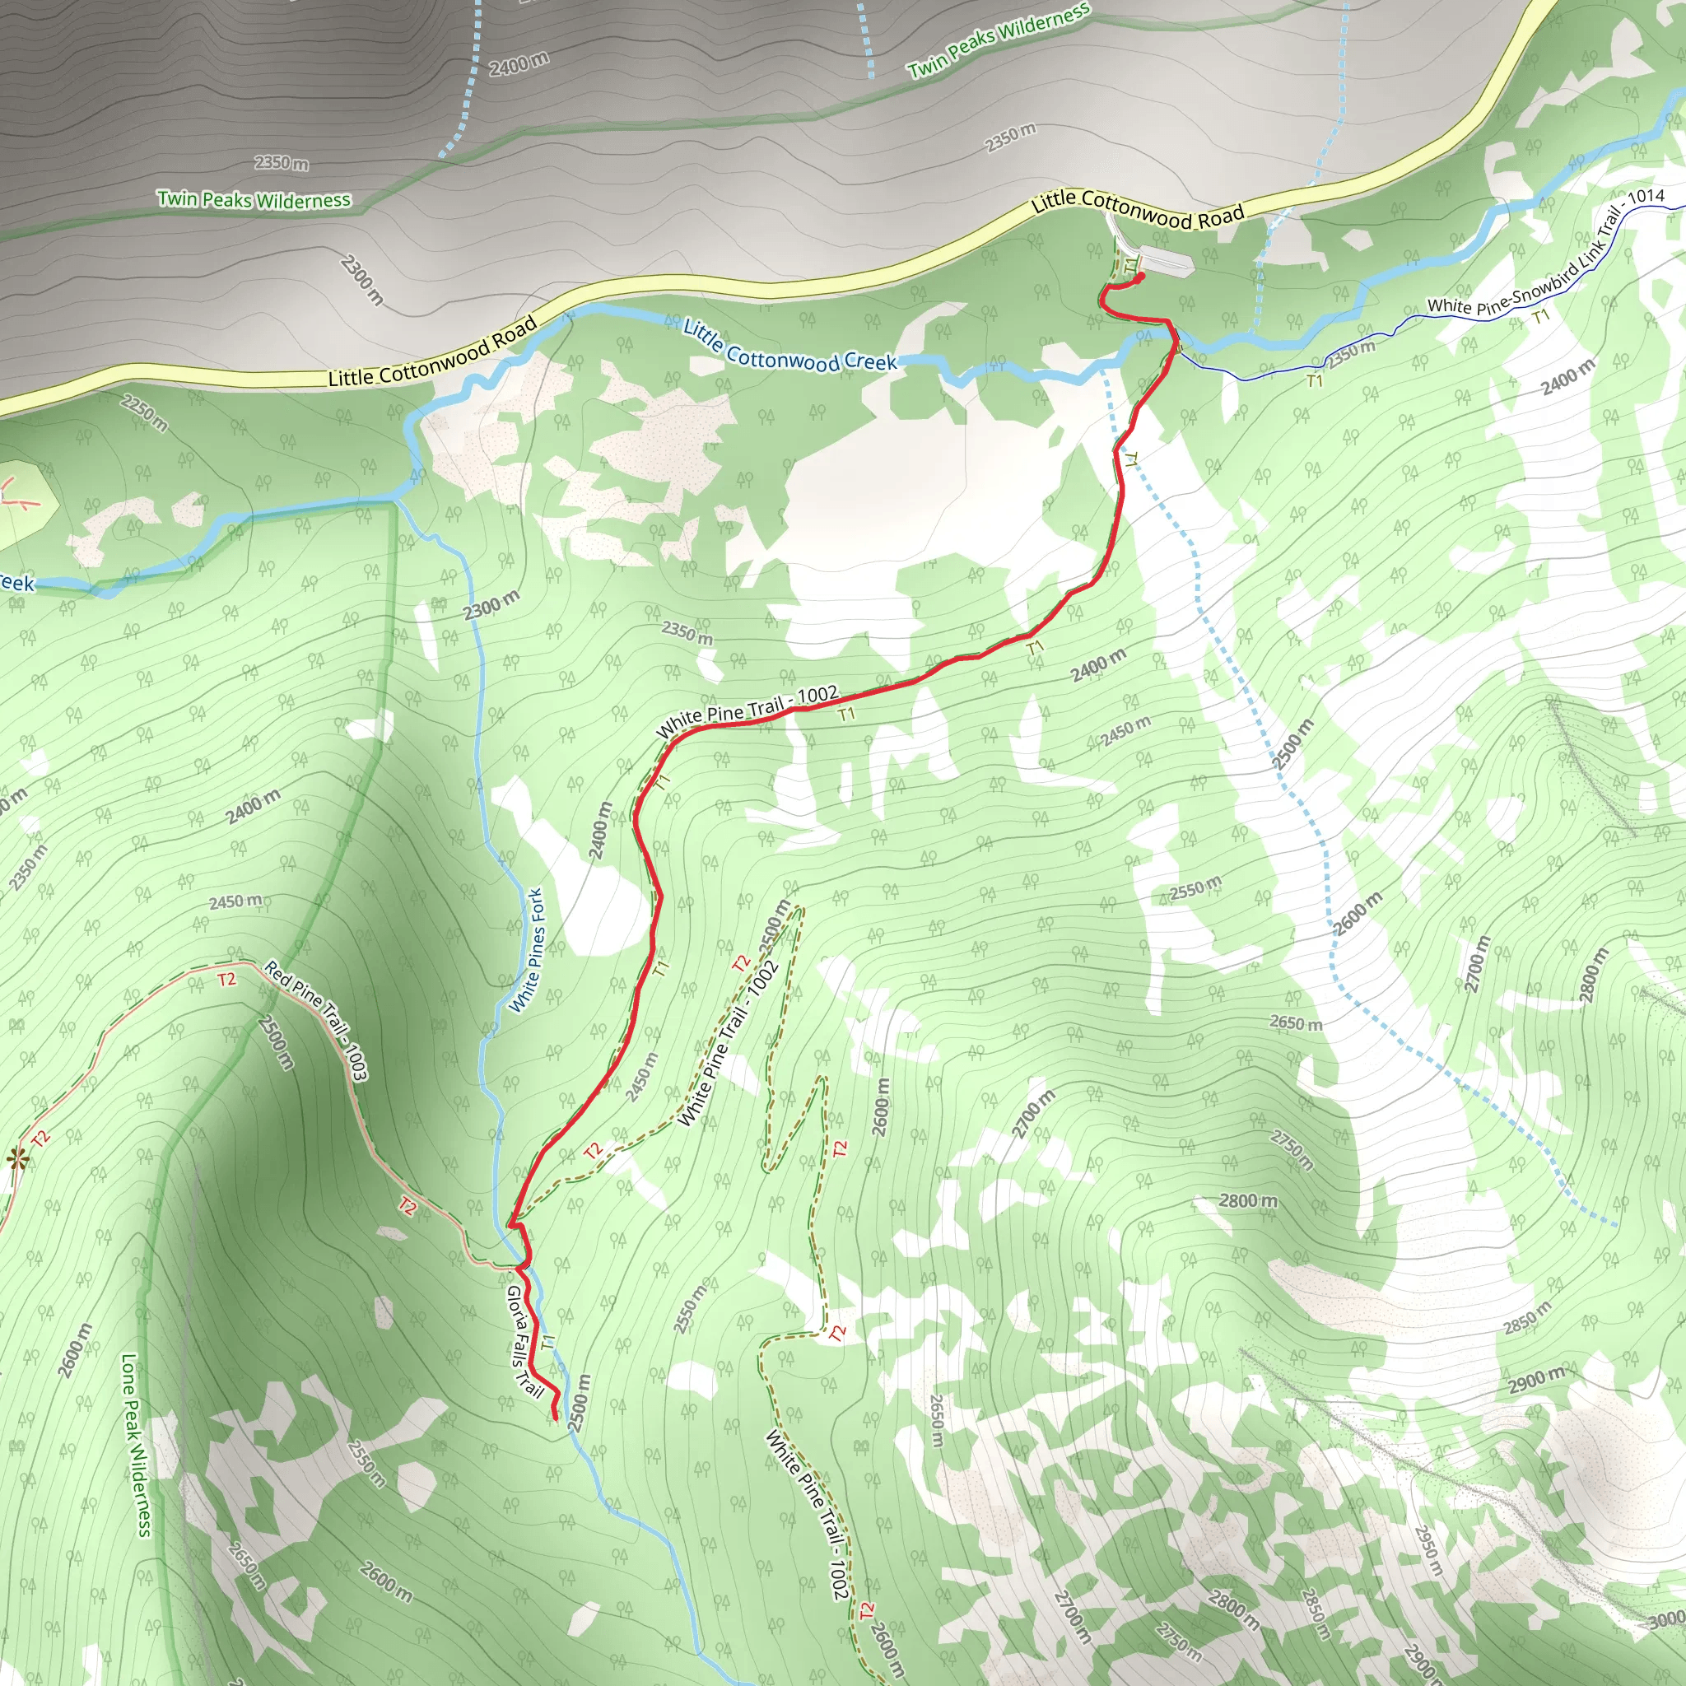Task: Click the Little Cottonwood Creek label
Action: [789, 347]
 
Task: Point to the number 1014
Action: [1646, 197]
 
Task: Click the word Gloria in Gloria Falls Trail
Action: [515, 1307]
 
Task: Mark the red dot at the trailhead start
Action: [1140, 277]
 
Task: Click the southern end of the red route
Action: [555, 1418]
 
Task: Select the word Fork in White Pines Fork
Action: [537, 905]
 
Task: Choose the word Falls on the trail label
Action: [520, 1351]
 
